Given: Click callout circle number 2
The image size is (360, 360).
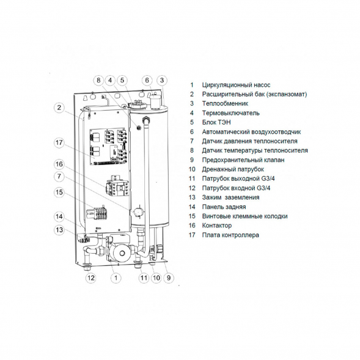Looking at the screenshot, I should pos(59,108).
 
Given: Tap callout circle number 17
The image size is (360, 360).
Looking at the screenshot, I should pos(59,144).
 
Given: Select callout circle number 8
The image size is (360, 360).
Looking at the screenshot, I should pos(98,80).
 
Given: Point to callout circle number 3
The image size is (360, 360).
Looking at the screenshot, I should pos(161,80).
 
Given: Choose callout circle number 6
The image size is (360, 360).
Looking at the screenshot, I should pos(147,80).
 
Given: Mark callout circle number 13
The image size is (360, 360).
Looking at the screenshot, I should pos(59,230).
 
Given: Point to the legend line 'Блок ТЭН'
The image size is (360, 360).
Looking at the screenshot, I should pos(216,122).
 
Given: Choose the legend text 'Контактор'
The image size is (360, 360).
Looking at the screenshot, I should pos(217,226).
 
